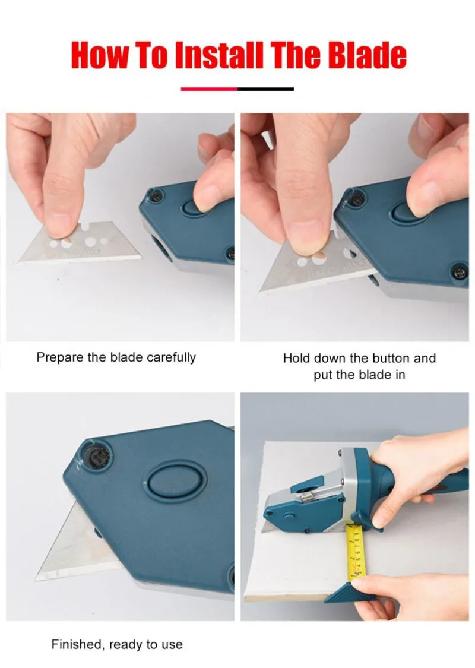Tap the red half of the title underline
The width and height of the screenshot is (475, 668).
pos(209,89)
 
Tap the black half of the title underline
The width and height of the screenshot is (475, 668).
pos(265,89)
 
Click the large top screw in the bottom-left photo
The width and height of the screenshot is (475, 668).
pos(97,456)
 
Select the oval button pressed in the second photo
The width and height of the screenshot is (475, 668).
pos(408,211)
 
